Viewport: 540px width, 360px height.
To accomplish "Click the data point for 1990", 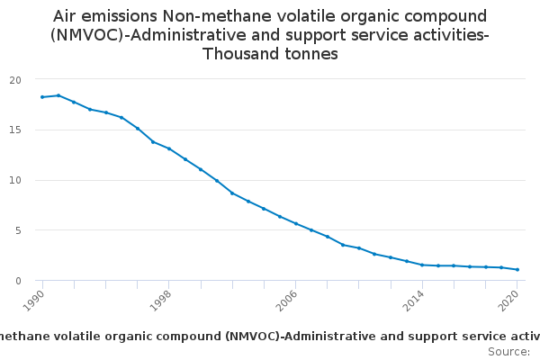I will point(42,97).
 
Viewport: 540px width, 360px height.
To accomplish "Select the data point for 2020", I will point(517,270).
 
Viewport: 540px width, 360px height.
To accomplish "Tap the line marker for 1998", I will point(169,148).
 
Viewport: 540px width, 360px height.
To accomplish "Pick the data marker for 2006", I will point(296,223).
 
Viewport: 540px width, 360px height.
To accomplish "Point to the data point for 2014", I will point(422,265).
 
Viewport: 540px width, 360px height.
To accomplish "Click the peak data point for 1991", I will point(58,95).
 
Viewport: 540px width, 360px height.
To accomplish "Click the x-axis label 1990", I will point(35,300).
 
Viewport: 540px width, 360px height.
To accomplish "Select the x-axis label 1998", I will point(162,300).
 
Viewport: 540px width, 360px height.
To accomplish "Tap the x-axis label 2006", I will point(289,300).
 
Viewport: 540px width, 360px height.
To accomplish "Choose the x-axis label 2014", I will point(415,300).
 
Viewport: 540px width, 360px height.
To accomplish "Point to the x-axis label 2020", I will point(510,300).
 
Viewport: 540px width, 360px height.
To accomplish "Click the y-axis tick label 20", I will point(14,80).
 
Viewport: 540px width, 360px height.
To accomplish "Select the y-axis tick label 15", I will point(14,130).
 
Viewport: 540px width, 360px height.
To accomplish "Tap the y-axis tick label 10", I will point(14,180).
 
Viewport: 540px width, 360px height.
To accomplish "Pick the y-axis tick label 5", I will point(17,230).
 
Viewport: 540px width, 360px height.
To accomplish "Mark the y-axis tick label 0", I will point(17,281).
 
